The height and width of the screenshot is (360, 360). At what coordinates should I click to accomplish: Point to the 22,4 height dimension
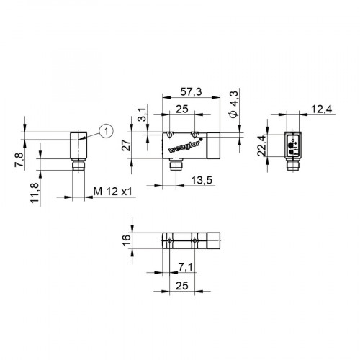[262, 146]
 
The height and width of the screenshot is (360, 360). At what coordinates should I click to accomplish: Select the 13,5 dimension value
[199, 181]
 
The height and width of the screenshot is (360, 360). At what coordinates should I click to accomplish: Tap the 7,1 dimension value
[185, 268]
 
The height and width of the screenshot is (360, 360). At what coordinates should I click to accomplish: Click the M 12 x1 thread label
[114, 192]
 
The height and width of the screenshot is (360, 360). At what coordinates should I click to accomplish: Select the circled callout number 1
[106, 130]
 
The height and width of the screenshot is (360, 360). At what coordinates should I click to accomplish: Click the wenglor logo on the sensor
[180, 145]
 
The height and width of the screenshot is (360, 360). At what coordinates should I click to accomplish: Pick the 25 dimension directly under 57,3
[182, 109]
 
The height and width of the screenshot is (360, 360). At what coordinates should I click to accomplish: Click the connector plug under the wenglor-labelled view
[174, 166]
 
